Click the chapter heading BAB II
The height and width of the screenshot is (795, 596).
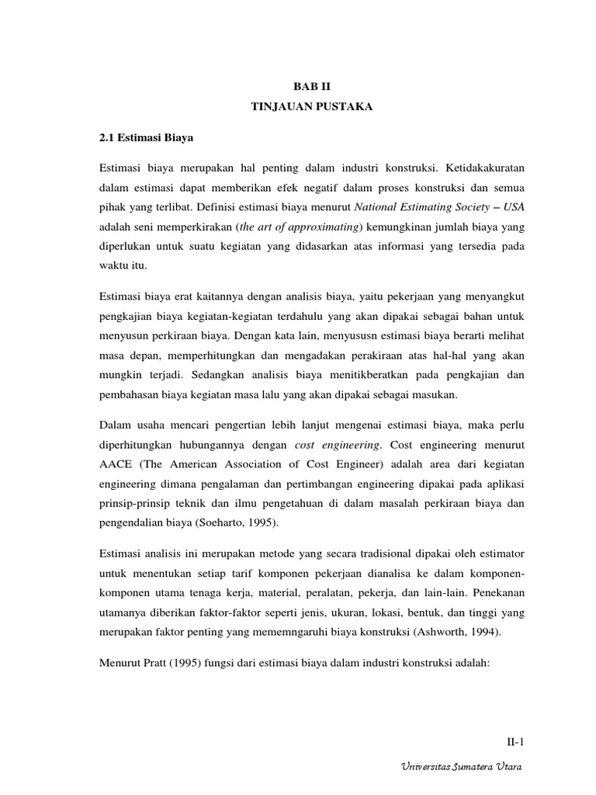click(x=310, y=88)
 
